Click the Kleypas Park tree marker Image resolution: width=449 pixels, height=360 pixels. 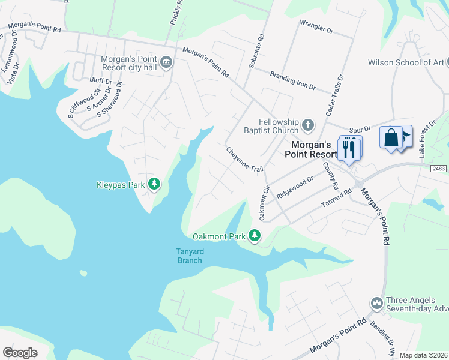pos(154,184)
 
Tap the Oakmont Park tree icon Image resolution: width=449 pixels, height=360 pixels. pos(255,236)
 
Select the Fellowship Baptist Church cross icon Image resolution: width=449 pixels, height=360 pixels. pos(307,125)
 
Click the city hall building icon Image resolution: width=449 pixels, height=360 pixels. pos(166,61)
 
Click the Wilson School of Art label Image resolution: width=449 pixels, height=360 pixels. pos(406,62)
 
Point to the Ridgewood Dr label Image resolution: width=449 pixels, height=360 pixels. pos(295,187)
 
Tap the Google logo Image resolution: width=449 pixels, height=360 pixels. pos(20,353)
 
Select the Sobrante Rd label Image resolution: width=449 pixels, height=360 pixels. pos(257,53)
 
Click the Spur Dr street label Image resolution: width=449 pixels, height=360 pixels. pos(359,128)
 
